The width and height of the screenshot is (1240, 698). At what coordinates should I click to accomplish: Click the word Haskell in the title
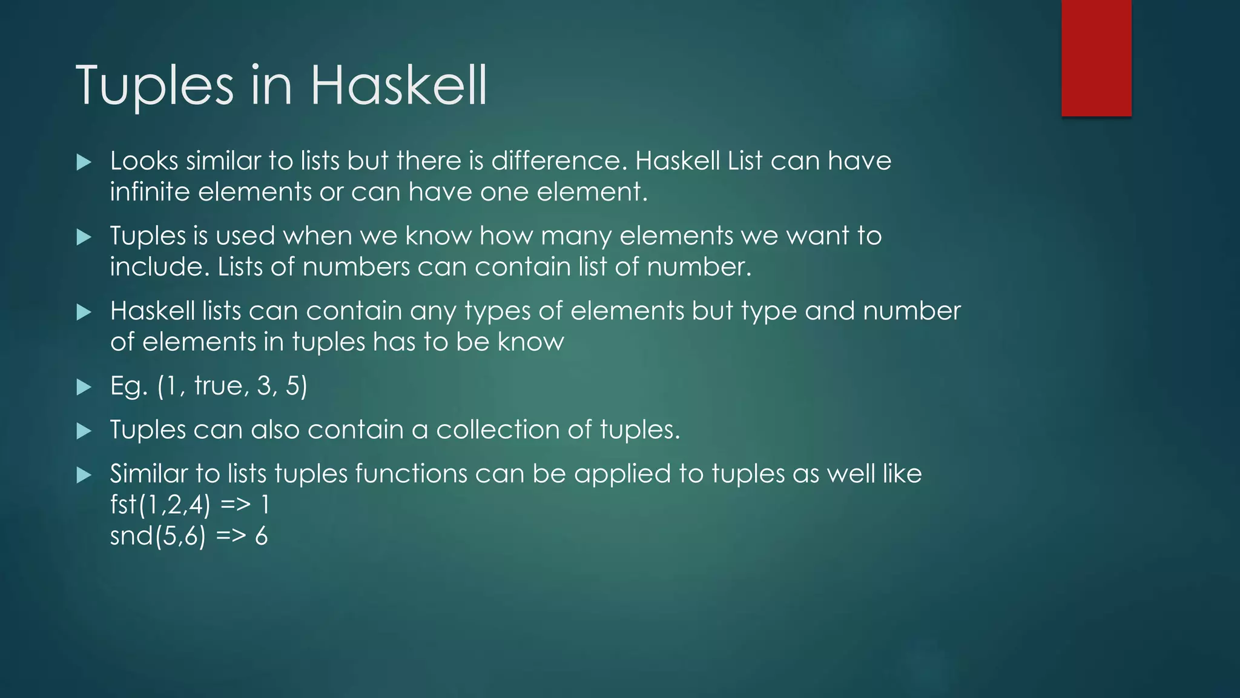coord(398,86)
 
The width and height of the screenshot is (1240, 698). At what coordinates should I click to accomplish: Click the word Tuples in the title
coord(154,86)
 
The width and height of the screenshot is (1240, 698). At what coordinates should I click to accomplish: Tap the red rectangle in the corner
coord(1096,58)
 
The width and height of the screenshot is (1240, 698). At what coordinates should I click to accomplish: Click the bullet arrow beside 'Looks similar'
coord(84,162)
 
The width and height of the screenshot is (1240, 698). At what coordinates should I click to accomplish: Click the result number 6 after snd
coord(261,536)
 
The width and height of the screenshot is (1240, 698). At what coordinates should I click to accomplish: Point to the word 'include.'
coord(159,267)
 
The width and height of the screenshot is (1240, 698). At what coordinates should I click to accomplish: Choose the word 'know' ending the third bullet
coord(530,342)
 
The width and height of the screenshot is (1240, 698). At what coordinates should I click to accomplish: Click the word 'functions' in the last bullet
coord(411,474)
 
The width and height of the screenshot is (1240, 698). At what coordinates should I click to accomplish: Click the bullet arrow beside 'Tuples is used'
coord(84,238)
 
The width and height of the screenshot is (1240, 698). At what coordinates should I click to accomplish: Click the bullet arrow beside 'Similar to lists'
coord(84,476)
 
